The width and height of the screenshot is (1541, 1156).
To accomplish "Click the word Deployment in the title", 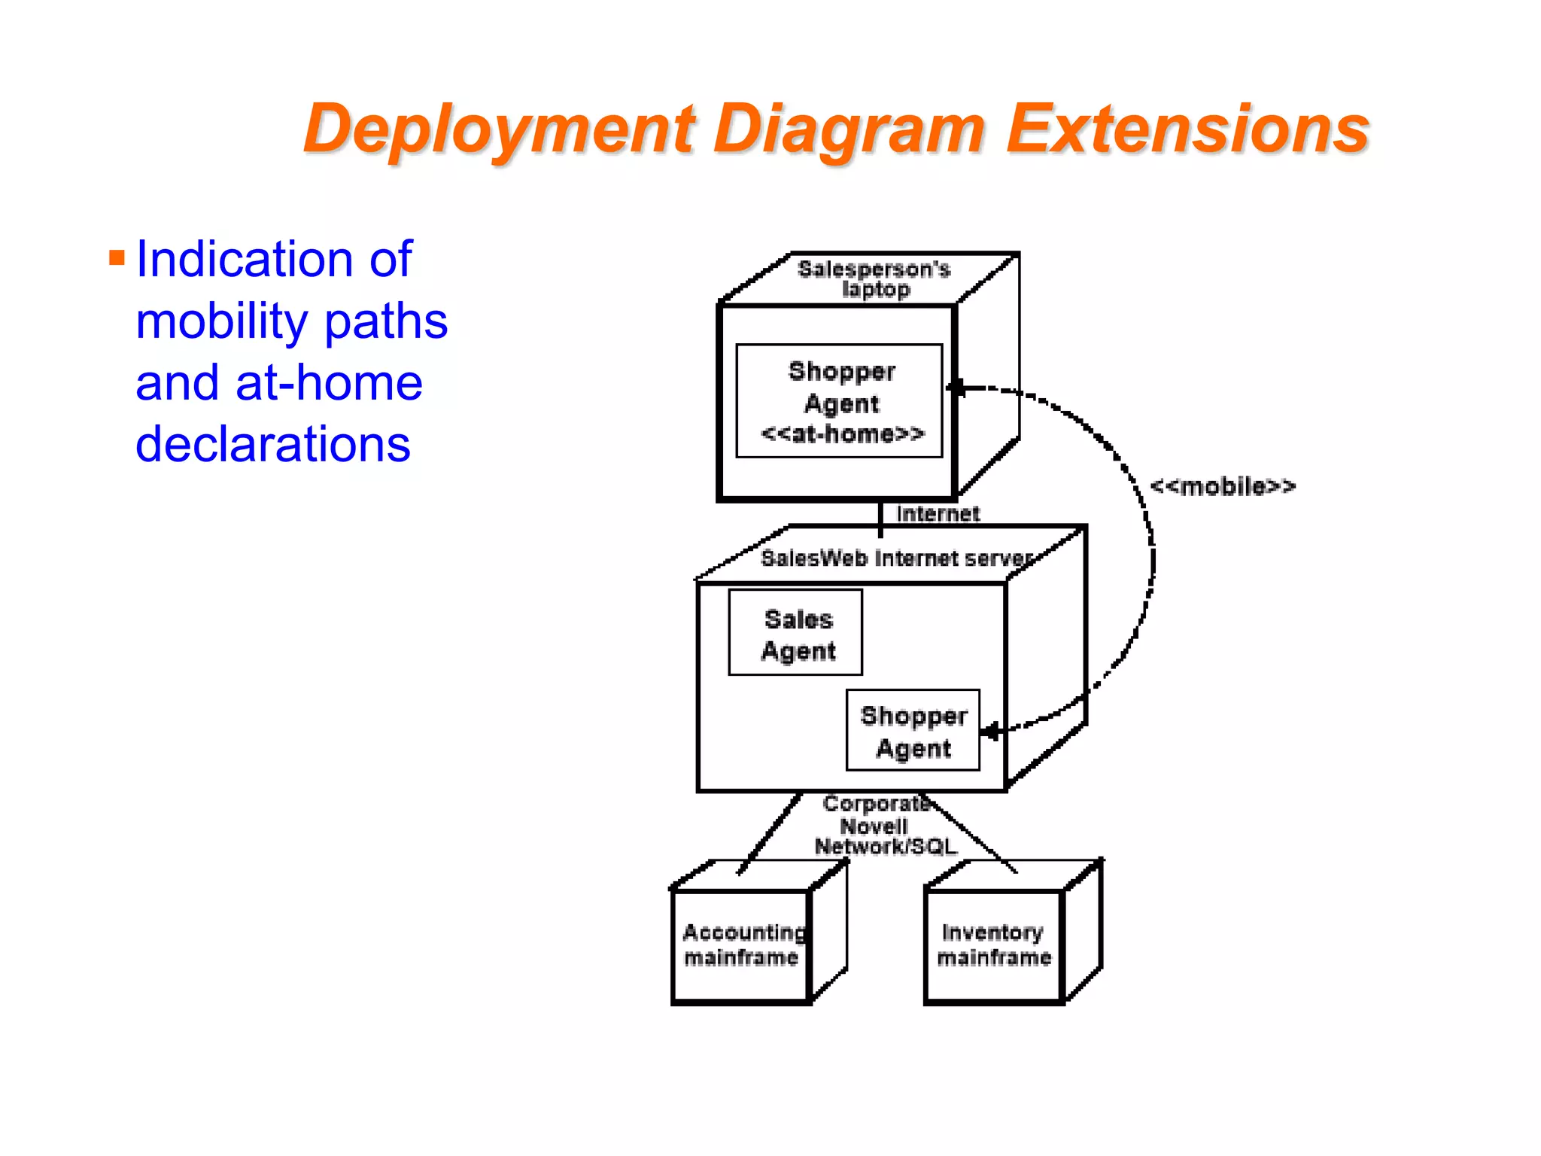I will (498, 129).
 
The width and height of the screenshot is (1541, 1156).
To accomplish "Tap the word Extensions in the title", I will (1187, 129).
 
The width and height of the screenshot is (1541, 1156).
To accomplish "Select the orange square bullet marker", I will (117, 259).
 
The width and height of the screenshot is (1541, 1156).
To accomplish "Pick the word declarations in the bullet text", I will (272, 444).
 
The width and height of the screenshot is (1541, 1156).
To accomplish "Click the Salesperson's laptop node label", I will (874, 279).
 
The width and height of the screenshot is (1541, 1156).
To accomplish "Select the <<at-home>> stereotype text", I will (842, 434).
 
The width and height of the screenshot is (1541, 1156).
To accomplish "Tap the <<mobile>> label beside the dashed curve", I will (1223, 486).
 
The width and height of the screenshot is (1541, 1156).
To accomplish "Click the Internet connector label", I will (938, 513).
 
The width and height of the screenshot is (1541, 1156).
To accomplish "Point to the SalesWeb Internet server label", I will (895, 558).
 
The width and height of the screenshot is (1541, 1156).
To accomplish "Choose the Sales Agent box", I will (795, 633).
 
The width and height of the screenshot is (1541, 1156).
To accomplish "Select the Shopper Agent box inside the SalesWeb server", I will (913, 731).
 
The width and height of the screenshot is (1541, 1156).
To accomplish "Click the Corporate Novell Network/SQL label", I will (884, 826).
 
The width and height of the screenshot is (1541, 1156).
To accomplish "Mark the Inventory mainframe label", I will (993, 945).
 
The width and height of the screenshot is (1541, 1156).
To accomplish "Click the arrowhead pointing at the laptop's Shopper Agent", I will (957, 388).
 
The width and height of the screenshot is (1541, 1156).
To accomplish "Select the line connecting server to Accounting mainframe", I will (769, 834).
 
